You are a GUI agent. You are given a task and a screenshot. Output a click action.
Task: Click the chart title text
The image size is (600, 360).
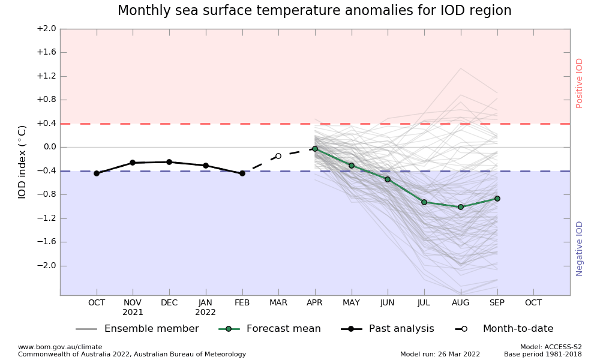click(314, 11)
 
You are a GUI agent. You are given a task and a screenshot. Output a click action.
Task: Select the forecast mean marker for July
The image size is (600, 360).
click(424, 202)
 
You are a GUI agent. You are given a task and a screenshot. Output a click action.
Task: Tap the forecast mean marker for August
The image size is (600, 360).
click(461, 207)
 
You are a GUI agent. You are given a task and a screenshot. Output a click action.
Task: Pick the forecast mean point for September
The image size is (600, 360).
click(497, 199)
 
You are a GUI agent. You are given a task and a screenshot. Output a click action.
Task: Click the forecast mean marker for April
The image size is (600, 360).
click(315, 149)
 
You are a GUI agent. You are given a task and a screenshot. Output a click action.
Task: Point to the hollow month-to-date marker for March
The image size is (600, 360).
click(278, 156)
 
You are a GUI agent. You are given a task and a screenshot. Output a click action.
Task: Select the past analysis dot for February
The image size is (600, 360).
click(242, 173)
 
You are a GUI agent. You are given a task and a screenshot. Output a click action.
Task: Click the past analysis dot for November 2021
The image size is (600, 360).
click(133, 163)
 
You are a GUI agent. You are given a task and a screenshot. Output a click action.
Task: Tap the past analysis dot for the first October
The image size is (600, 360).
click(97, 173)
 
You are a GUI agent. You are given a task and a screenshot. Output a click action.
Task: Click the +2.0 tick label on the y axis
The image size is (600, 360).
click(46, 29)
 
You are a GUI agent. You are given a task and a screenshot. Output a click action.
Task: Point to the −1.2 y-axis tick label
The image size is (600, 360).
click(46, 218)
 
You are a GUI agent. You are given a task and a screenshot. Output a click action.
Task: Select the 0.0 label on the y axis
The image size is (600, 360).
click(48, 147)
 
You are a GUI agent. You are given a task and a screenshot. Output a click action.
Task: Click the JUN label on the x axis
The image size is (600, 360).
click(388, 303)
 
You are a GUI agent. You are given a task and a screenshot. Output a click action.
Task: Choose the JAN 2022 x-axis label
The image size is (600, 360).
click(206, 307)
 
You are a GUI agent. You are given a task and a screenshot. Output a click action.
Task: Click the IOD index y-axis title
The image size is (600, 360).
click(22, 162)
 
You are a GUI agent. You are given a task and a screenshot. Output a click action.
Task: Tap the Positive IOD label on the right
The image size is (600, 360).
click(580, 83)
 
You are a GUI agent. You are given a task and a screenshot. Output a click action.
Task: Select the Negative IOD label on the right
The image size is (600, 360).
click(580, 248)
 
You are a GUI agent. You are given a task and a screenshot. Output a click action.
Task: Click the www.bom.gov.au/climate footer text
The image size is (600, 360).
click(60, 347)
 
